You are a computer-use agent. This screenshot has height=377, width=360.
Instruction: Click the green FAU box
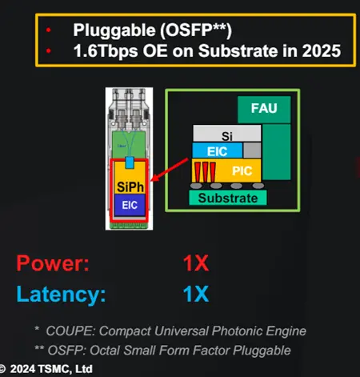tap(264, 110)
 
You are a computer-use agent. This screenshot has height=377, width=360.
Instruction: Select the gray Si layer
tap(227, 133)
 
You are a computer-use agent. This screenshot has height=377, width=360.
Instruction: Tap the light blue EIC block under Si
tap(218, 150)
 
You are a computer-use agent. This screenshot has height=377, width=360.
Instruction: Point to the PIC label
tap(242, 170)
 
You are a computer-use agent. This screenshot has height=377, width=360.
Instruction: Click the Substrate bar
tap(228, 198)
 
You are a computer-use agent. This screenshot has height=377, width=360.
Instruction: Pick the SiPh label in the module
tap(130, 186)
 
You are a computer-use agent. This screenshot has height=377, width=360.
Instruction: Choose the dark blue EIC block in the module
tap(130, 205)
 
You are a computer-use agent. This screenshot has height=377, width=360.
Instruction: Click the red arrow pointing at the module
tap(170, 170)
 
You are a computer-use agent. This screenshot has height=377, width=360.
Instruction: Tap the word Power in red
tap(53, 263)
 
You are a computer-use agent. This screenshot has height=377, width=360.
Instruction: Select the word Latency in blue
tap(61, 295)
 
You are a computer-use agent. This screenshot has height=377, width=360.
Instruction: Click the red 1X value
tap(196, 263)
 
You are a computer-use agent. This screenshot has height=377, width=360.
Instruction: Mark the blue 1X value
tap(196, 294)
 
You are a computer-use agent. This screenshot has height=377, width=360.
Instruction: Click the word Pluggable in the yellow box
tap(114, 30)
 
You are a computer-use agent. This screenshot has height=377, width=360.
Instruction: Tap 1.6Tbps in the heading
tap(106, 51)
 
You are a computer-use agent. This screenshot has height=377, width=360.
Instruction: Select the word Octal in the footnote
tap(105, 351)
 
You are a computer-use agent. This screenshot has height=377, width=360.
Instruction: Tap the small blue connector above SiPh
tap(130, 162)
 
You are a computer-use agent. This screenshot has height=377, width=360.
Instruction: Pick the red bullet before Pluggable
tap(48, 30)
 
